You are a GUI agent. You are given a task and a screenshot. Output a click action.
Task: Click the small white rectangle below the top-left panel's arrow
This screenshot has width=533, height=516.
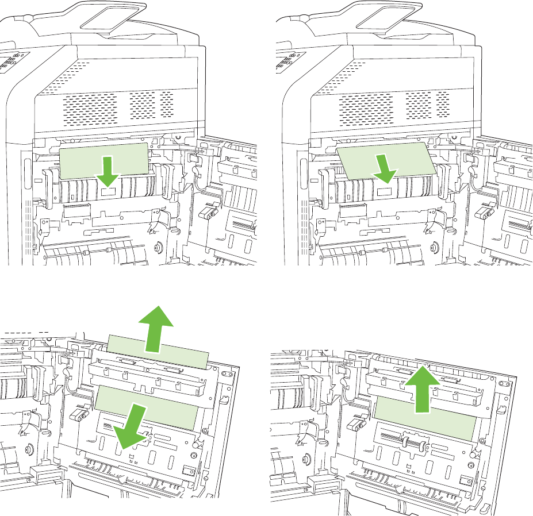click(x=109, y=191)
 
